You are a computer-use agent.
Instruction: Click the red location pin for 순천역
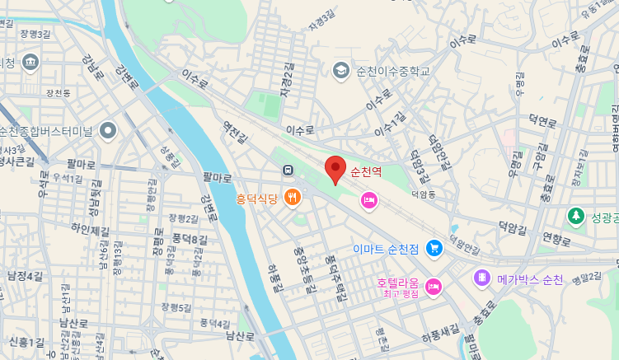pos(335,169)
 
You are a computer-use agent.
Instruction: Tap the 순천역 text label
pos(366,171)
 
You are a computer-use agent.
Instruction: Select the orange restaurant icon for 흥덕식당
pos(292,198)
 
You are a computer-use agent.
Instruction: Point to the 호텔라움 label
pos(399,283)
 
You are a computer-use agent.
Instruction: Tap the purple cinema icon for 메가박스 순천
pos(481,279)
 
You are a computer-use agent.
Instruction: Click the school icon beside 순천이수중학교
pos(340,70)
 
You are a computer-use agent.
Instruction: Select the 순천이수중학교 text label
pos(393,71)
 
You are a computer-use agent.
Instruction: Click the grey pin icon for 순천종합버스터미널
pos(108,130)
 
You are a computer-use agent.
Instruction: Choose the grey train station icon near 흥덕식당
pos(288,171)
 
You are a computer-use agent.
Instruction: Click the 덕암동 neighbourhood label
pos(423,195)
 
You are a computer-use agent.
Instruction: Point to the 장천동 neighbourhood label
pos(59,93)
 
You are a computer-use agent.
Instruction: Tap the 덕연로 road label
pos(543,122)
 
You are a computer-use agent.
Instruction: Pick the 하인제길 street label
pos(90,228)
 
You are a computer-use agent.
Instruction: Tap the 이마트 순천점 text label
pos(386,249)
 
